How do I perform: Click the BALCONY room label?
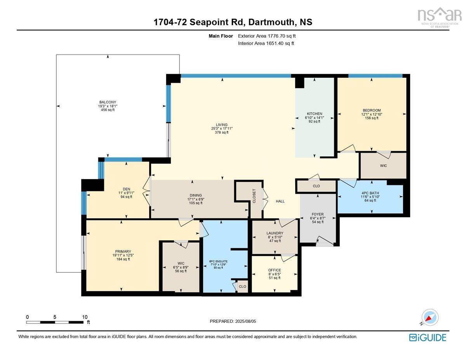pos(108,102)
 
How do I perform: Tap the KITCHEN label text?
pos(315,114)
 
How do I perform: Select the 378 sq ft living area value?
pos(222,132)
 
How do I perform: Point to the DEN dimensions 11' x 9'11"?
pos(126,193)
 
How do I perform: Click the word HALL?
pos(280,201)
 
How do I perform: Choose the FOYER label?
pos(318,214)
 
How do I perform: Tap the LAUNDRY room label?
pos(275,233)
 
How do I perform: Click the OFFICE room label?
pos(275,270)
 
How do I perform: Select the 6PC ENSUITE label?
pos(219,261)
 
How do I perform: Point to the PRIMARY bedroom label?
pos(123,251)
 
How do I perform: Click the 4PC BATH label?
pos(370,193)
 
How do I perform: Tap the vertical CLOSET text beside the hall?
pos(254,196)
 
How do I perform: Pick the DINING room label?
pos(196,195)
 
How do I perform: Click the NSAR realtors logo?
pos(439,17)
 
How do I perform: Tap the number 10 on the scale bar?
pos(85,317)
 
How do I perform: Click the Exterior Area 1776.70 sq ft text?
pos(267,36)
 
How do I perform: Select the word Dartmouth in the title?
pos(271,22)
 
